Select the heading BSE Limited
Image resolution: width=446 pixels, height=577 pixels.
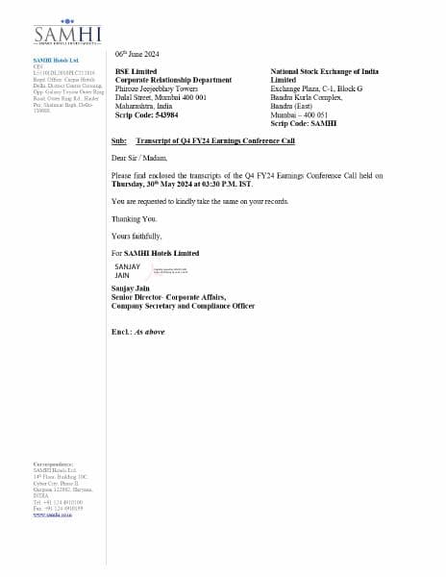pos(135,71)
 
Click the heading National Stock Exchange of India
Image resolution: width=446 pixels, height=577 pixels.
pos(324,72)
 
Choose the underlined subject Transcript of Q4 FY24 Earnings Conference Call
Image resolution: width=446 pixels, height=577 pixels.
pos(215,141)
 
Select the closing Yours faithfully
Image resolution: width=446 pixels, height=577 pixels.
pos(136,236)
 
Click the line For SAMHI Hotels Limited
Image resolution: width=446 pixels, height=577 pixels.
pos(155,253)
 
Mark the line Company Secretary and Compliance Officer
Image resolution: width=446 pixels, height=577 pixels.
pos(183,306)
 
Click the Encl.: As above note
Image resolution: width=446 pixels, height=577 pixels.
pos(137,331)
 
